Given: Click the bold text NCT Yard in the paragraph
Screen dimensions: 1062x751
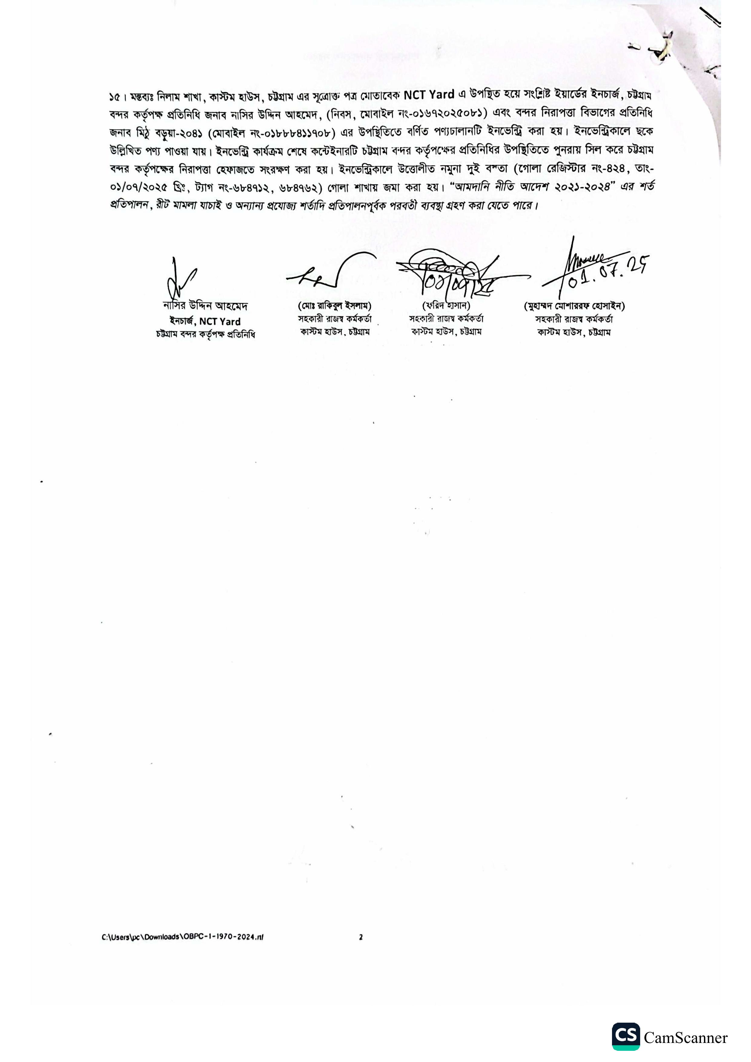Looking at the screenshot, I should pyautogui.click(x=428, y=95).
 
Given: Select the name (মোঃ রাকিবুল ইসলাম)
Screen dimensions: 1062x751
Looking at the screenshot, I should pyautogui.click(x=335, y=306).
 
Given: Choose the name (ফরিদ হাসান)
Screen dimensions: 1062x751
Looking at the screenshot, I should pyautogui.click(x=446, y=305).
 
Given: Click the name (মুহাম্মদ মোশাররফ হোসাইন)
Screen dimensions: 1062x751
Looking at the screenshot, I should pyautogui.click(x=574, y=306).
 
